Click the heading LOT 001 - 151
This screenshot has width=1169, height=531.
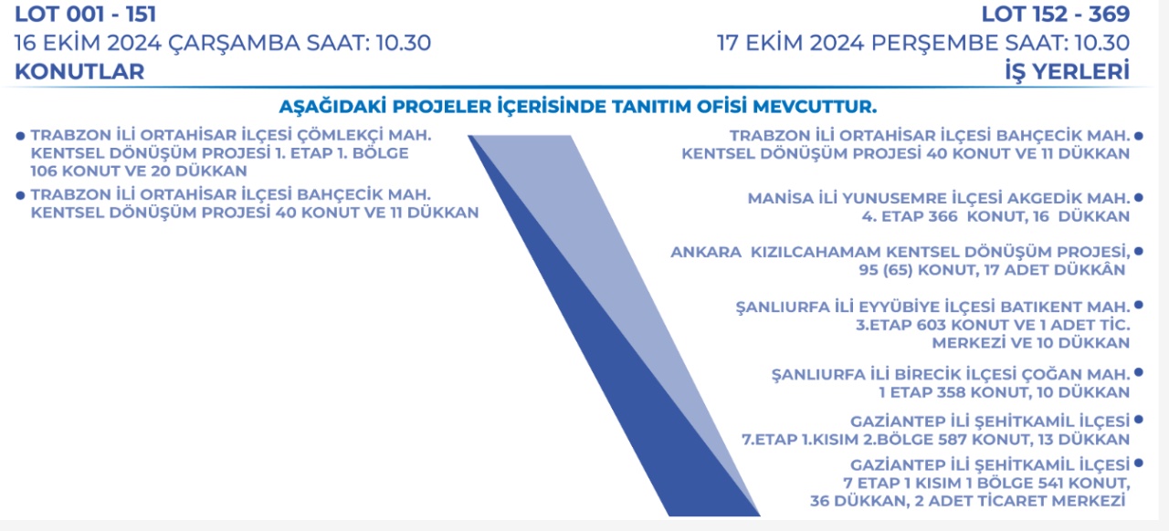pos(86,14)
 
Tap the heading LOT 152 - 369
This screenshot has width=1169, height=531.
pos(1055,14)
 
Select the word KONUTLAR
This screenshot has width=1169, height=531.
pos(79,71)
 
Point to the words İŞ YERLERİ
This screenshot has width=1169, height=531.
pos(1068,71)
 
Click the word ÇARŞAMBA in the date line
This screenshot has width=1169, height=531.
pos(235,43)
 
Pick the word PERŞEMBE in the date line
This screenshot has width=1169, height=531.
pos(935,43)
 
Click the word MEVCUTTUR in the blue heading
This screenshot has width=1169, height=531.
pos(815,107)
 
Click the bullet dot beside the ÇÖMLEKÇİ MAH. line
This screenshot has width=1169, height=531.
pos(20,136)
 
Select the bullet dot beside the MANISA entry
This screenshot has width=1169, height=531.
pos(1139,198)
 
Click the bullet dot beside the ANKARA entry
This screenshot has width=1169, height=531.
pos(1139,252)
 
